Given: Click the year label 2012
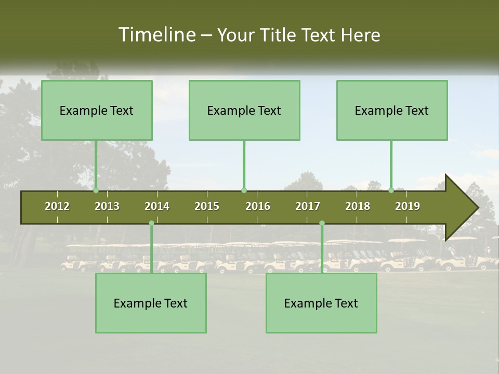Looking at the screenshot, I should coord(57,206).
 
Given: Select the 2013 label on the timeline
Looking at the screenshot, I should coord(107,206).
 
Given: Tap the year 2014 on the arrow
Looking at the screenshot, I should coord(157,206).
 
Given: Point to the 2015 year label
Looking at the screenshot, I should coord(207,206).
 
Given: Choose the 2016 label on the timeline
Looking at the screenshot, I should coord(258,206).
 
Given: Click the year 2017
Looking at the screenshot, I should coord(308,206).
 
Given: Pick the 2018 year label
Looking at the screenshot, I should coord(358,206).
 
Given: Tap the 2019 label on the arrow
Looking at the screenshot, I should coord(408,206).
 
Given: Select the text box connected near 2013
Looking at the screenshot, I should coord(97,110).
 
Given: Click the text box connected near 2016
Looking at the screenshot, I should coord(244,110).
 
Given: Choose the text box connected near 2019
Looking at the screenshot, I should coord(392,110).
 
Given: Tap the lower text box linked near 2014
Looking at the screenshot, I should coord(151,303).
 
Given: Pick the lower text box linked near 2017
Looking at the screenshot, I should coord(321,303).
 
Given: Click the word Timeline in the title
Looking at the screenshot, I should coord(156,35).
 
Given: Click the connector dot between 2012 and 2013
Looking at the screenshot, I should coord(96,190).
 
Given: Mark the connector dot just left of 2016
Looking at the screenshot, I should coord(244,190).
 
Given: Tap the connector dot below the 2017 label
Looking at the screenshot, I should coord(322,223).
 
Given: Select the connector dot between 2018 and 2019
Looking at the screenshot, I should coord(391,190).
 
